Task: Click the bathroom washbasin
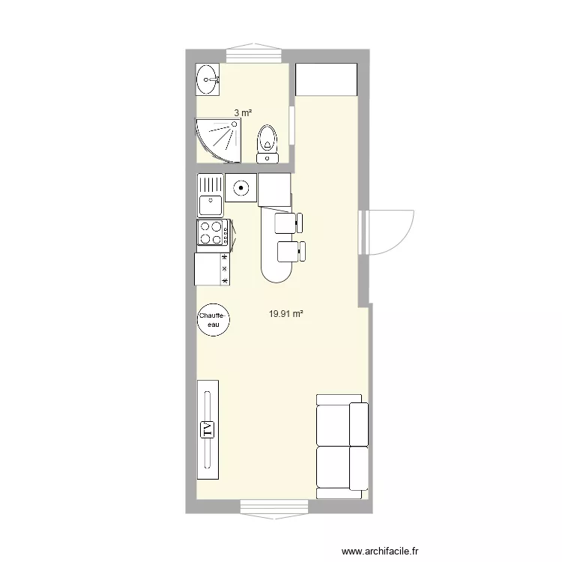point(208,79)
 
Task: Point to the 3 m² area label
point(242,112)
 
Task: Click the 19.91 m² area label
point(285,315)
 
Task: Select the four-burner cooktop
point(211,233)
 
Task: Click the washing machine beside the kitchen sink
point(241,187)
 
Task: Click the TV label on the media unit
point(208,429)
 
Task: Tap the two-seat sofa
point(342,446)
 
